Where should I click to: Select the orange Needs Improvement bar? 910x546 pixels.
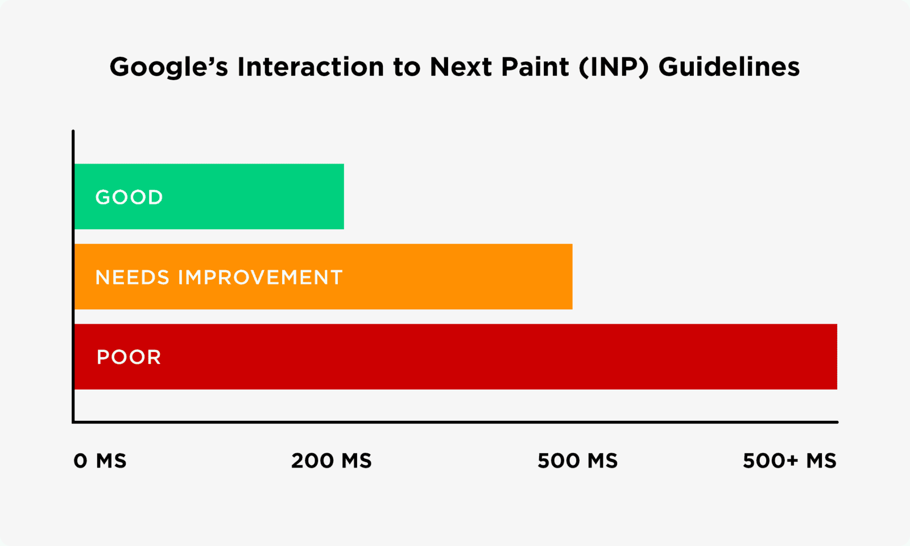(455, 277)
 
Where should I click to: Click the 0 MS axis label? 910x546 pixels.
(100, 461)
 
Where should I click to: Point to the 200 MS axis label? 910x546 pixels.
(331, 461)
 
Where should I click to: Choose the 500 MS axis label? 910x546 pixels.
(577, 461)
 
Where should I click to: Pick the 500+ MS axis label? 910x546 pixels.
(789, 461)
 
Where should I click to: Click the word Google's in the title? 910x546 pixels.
(168, 67)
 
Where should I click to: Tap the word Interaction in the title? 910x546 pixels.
(311, 67)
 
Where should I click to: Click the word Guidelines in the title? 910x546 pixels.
(729, 67)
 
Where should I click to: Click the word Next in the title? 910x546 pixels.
(461, 67)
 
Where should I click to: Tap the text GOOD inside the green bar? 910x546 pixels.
(129, 197)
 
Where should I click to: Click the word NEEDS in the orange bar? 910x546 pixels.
(132, 278)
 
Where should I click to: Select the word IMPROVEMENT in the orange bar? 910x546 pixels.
(260, 278)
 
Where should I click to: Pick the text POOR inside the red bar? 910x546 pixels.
(129, 357)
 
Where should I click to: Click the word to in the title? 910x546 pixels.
(406, 67)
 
